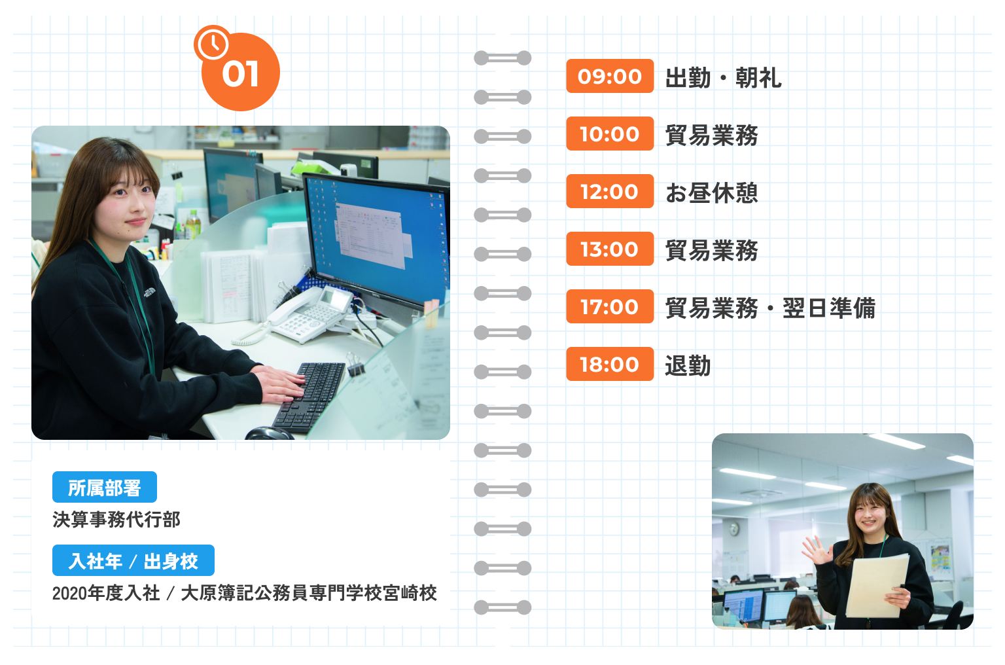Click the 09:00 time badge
point(610,76)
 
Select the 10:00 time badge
point(610,134)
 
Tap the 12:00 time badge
point(610,191)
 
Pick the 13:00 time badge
point(610,249)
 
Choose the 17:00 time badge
point(610,306)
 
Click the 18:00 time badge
point(610,364)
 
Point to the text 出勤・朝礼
point(723,78)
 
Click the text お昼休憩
point(712,193)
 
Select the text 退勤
point(688,366)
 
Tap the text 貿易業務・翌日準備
point(770,308)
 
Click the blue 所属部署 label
point(105,487)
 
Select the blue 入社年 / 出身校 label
point(133,560)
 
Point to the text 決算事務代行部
point(116,520)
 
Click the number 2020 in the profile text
point(69,594)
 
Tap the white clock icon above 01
point(212,43)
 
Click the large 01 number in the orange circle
point(241,75)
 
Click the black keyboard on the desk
point(309,397)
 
